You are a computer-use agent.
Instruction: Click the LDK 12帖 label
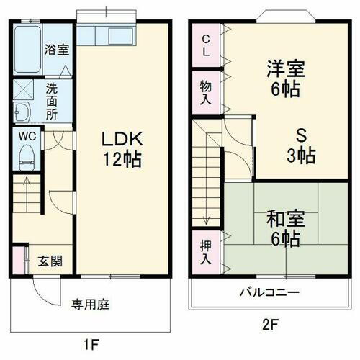[x=120, y=148]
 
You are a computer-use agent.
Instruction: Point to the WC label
[x=26, y=135]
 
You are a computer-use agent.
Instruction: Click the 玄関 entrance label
[x=50, y=260]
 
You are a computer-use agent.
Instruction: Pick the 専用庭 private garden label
[x=90, y=304]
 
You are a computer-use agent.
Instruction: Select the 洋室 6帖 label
[x=285, y=79]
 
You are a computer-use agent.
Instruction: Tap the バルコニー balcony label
[x=269, y=293]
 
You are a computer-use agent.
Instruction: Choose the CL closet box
[x=206, y=45]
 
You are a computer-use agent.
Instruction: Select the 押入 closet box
[x=206, y=248]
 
